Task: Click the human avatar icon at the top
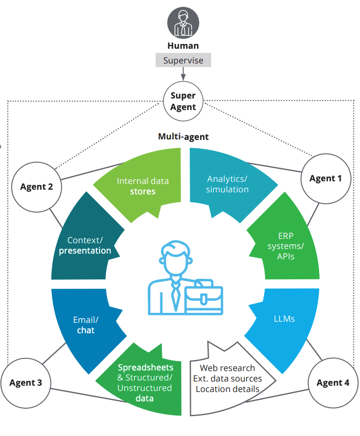click(183, 23)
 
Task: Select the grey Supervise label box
click(183, 60)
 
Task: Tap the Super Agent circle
click(183, 101)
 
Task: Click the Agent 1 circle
click(325, 178)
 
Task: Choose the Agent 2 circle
click(36, 187)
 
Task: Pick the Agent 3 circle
click(26, 383)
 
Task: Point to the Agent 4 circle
click(333, 383)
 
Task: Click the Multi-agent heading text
click(183, 137)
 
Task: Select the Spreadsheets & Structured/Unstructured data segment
click(145, 383)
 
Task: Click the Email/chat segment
click(85, 325)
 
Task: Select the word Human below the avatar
click(183, 46)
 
